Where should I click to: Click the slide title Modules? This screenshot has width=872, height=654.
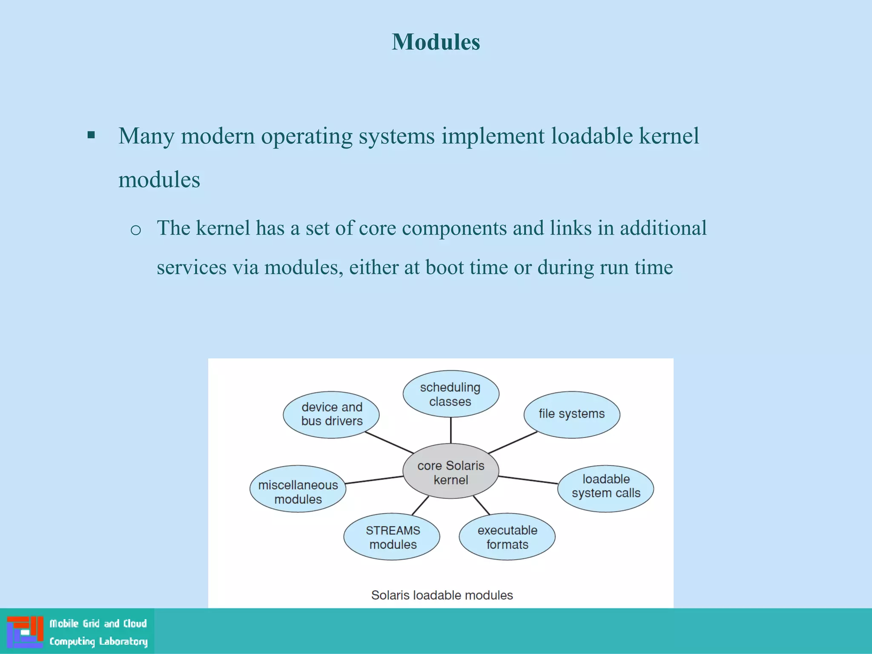pos(436,42)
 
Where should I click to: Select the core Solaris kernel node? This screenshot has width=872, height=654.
pos(450,471)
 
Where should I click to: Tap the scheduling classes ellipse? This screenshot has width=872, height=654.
pos(450,394)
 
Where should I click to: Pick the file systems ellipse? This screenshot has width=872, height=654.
pos(571,414)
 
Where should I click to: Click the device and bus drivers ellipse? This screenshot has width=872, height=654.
pos(331,414)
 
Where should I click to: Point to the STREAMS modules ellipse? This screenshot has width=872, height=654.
pos(392,536)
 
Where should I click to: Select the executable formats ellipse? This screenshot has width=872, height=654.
pos(507,536)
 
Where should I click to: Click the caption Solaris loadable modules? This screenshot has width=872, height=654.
pos(442,595)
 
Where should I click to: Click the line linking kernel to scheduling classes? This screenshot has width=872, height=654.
pos(450,430)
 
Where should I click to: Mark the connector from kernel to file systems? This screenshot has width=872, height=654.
pos(513,442)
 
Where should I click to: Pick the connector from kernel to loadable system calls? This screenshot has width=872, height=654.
pos(528,480)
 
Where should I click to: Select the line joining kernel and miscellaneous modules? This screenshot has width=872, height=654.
pos(374,480)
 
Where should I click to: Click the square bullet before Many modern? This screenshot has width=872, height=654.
pos(91,135)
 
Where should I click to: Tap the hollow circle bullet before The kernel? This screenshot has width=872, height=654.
pos(135,230)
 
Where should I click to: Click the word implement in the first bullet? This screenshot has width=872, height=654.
pos(493,136)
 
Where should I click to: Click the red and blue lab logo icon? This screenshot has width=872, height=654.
pos(25,631)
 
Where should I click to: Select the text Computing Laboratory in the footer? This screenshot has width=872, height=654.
pos(98,641)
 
